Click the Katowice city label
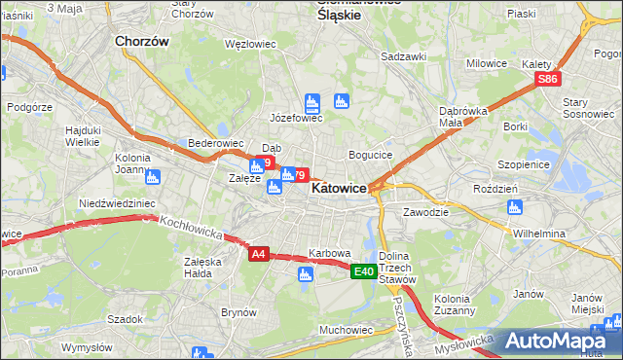339,191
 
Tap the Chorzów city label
142,42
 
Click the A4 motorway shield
258,254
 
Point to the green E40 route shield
364,271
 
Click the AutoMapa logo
557,341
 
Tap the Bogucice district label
370,155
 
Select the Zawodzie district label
425,211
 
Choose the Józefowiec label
296,118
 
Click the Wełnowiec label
246,44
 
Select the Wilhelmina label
539,234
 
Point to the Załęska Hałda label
202,268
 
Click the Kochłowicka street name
193,230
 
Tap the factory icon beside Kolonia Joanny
153,177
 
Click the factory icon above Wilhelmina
514,207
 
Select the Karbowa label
329,253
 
